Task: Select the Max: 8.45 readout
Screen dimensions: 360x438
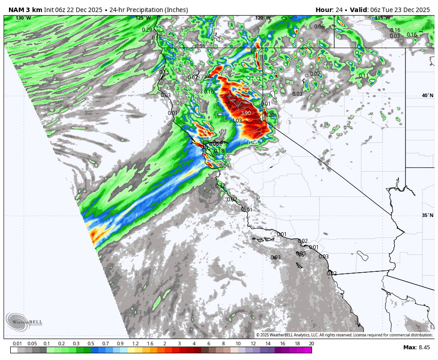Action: (x=417, y=348)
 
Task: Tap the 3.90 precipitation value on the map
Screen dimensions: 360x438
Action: (x=245, y=113)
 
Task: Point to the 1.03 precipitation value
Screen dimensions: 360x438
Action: (x=237, y=121)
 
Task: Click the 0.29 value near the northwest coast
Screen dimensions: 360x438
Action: (x=147, y=30)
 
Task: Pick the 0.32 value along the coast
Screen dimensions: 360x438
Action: (x=220, y=186)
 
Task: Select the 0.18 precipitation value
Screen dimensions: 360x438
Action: (x=219, y=151)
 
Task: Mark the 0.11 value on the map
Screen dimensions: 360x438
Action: (x=364, y=76)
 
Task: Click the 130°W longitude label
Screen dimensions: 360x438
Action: (x=23, y=18)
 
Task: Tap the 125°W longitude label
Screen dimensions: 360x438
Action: (x=143, y=18)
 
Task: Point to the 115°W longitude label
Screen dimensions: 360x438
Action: (x=382, y=18)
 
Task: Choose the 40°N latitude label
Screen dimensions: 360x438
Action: (x=427, y=96)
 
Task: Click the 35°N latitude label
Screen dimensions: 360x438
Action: (x=427, y=216)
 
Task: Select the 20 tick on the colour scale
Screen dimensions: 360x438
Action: (x=311, y=344)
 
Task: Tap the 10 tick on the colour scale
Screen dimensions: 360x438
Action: (x=238, y=344)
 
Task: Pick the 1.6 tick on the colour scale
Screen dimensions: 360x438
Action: (x=150, y=344)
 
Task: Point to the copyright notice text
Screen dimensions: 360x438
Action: (x=344, y=335)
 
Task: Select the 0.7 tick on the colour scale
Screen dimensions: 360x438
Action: (x=105, y=344)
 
